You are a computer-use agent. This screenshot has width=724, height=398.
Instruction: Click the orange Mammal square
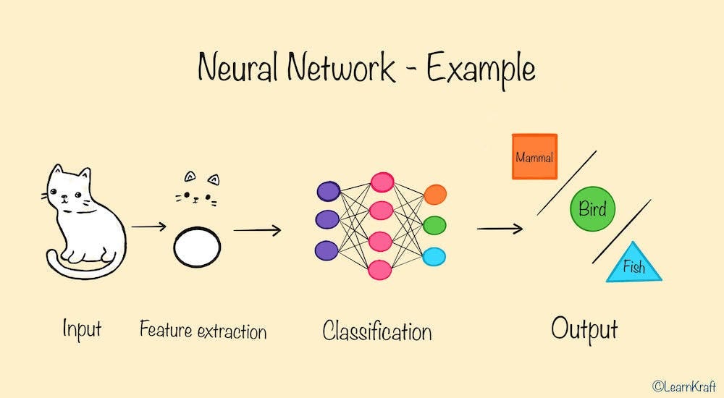534,156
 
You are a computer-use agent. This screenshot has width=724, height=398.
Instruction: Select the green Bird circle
592,210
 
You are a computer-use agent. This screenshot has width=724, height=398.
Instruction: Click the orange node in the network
435,194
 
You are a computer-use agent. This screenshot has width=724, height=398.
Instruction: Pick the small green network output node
435,224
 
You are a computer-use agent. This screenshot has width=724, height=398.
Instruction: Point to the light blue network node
435,256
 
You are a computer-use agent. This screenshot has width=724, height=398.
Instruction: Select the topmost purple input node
328,191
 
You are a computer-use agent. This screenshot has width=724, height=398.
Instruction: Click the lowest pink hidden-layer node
380,270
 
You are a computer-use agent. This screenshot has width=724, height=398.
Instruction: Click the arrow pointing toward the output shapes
500,229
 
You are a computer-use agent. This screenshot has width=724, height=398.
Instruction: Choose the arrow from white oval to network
257,230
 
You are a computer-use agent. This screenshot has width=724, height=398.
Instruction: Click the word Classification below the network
376,331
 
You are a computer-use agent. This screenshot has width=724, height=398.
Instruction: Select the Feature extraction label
203,331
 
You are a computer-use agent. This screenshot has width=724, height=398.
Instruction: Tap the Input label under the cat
82,330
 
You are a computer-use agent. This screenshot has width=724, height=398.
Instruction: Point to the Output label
584,329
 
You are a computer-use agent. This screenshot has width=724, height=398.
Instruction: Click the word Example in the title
481,69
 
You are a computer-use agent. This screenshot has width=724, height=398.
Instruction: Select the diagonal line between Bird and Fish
621,232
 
